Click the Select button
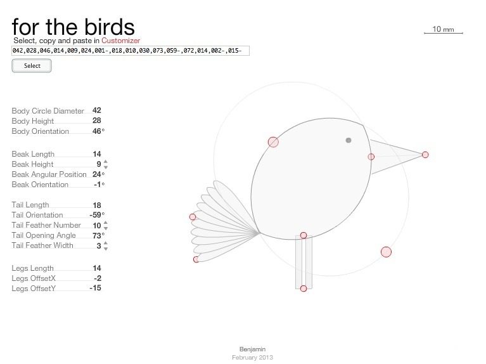[x=32, y=66]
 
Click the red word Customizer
[x=120, y=41]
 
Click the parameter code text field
[x=131, y=51]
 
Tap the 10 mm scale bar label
[x=443, y=29]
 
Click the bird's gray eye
[x=349, y=140]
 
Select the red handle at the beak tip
[x=425, y=155]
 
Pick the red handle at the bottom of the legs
[x=304, y=289]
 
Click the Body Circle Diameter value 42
[x=97, y=110]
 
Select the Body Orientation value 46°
[x=98, y=131]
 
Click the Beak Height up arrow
[x=106, y=162]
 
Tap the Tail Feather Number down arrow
[x=106, y=228]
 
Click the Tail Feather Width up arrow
[x=106, y=244]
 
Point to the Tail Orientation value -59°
[x=97, y=215]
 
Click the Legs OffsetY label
[x=34, y=289]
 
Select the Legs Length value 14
[x=97, y=268]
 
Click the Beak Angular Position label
[x=49, y=174]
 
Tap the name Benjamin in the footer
[x=252, y=349]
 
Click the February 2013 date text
[x=252, y=358]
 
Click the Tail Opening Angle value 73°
[x=98, y=235]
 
